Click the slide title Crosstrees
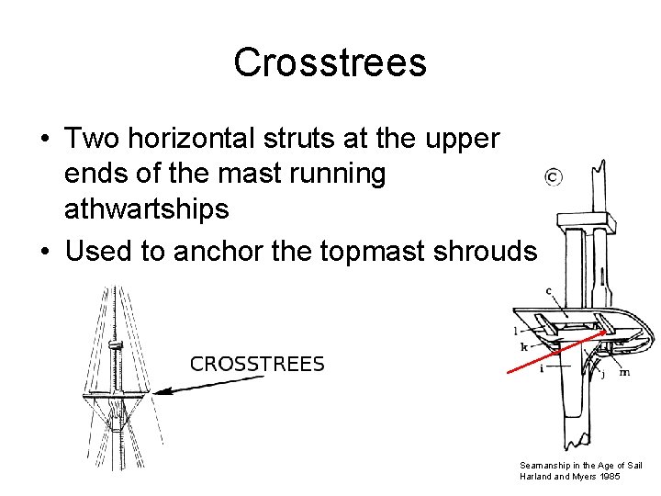[x=330, y=62]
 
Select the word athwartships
[x=146, y=209]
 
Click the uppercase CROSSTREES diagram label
[x=257, y=364]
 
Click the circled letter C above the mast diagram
[x=553, y=176]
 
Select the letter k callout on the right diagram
[x=524, y=347]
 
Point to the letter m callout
[x=624, y=372]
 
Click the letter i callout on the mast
[x=542, y=368]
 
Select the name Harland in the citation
[x=535, y=476]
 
